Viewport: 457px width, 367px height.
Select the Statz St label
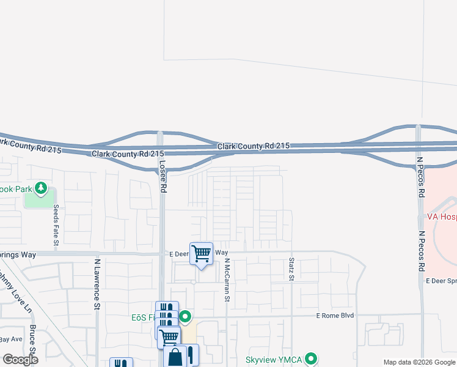point(291,270)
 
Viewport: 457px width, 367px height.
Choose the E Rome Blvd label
point(335,316)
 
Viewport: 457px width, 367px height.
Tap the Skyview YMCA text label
point(274,360)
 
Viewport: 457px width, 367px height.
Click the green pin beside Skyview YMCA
point(312,358)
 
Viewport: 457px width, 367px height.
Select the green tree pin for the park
point(41,187)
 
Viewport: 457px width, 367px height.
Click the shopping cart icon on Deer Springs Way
point(201,253)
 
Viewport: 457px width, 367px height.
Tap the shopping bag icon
point(175,357)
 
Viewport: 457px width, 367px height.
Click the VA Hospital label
point(441,217)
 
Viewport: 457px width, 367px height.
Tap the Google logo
point(20,360)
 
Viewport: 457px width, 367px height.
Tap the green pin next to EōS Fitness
point(185,317)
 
